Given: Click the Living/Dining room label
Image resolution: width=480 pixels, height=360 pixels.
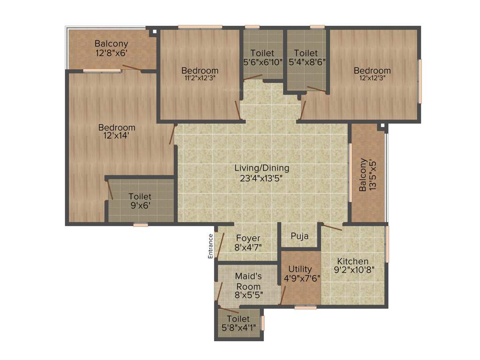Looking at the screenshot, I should (262, 168).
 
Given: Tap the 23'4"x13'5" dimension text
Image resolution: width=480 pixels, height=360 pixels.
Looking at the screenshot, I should (262, 178).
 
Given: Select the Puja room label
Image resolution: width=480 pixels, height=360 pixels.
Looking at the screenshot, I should (300, 236).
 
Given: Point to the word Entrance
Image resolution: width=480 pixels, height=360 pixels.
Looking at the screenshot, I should (210, 246).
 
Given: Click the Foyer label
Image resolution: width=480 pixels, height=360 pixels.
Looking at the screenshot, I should (248, 238).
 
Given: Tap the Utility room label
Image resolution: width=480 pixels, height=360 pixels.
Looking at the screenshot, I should (300, 269).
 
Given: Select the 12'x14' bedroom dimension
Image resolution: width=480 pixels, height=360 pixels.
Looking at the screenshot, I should (117, 136).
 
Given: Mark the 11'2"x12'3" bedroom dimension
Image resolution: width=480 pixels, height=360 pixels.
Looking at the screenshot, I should (200, 78).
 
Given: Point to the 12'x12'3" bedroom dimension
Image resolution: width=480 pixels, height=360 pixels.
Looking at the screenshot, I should (372, 78).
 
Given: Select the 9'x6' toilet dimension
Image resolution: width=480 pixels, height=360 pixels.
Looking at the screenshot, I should (140, 205).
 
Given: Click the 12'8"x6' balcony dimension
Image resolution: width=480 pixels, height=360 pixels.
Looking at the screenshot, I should (112, 53).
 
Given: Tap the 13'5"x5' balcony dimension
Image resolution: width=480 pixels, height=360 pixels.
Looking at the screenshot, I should (373, 175).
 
